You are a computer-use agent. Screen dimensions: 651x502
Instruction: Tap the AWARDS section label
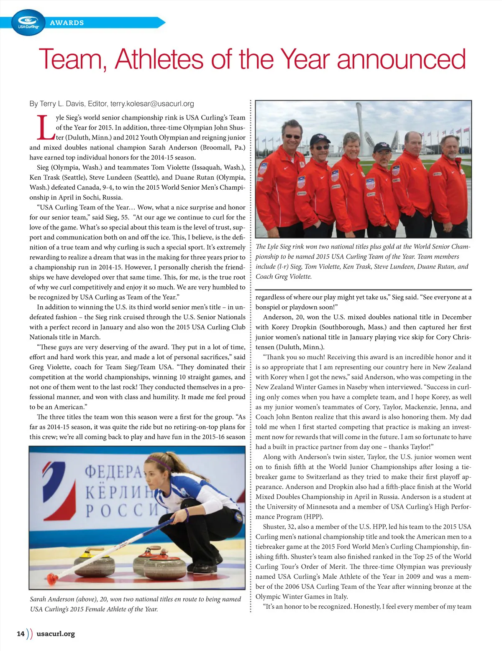click(x=67, y=23)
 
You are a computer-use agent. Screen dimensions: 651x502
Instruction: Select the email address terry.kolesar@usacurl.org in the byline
click(x=152, y=104)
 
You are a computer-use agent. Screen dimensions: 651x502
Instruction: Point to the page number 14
click(x=20, y=633)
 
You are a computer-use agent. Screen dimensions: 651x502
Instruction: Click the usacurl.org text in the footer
click(x=56, y=633)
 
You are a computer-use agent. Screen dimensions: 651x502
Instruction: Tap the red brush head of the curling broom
click(x=52, y=579)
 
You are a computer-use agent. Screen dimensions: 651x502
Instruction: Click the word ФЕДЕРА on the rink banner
click(x=113, y=472)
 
